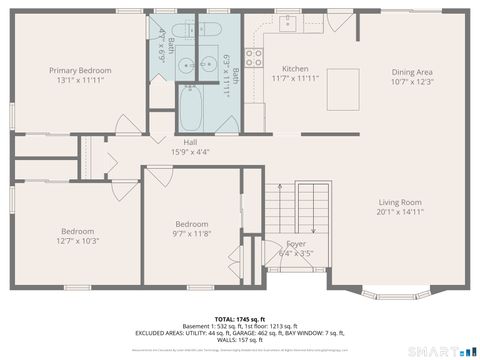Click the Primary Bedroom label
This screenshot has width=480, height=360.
point(81,71)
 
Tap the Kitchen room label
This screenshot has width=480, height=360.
point(295,69)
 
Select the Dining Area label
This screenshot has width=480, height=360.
point(411,71)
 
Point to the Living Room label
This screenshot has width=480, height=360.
point(400,202)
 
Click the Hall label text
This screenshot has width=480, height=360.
point(190,142)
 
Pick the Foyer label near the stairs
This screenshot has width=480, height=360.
point(296,244)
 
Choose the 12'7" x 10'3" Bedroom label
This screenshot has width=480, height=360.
point(77,229)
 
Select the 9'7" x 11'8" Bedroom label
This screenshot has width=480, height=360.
point(191,224)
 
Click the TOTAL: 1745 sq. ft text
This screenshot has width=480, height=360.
point(239,319)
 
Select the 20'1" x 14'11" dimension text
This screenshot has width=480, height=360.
point(400,212)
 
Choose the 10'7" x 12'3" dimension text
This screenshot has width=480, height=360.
point(411,81)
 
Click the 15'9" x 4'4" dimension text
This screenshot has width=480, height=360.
point(190,152)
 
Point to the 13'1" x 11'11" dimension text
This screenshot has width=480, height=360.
point(81,80)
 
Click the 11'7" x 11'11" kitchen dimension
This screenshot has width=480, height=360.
point(295,78)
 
